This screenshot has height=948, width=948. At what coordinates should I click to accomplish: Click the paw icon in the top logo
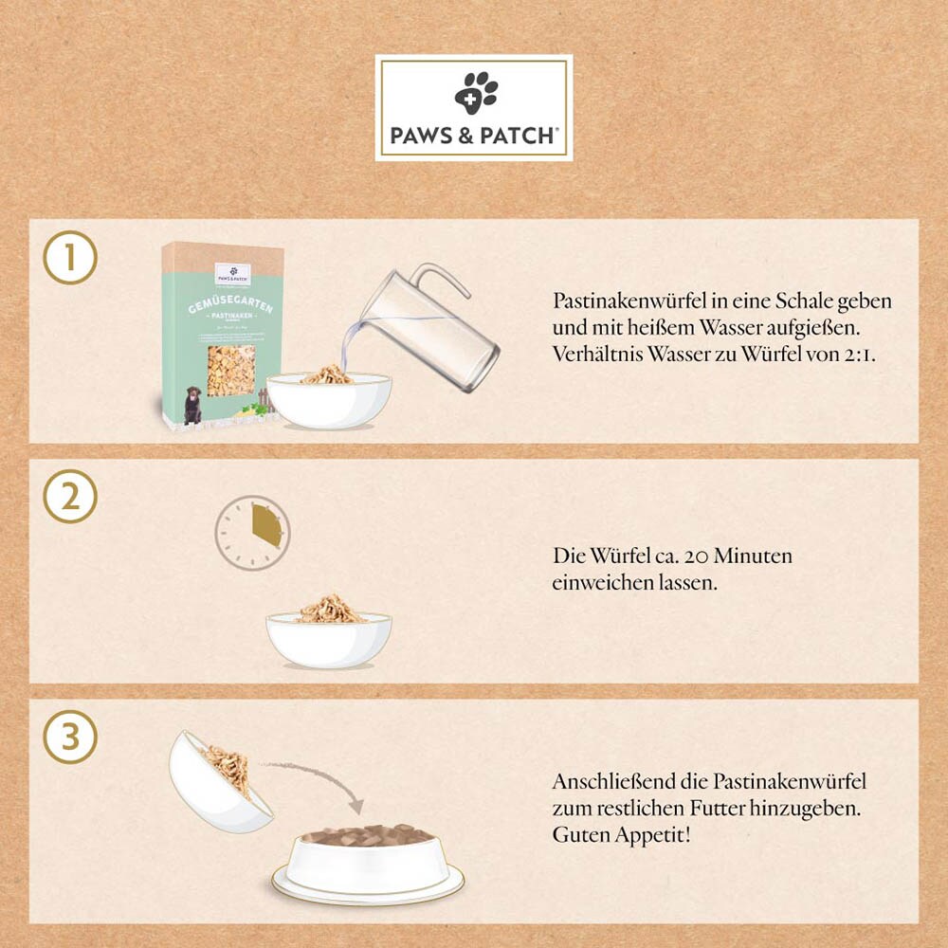[475, 93]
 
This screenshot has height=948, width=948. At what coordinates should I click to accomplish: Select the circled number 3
[70, 738]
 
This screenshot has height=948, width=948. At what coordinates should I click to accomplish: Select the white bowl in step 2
[328, 639]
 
